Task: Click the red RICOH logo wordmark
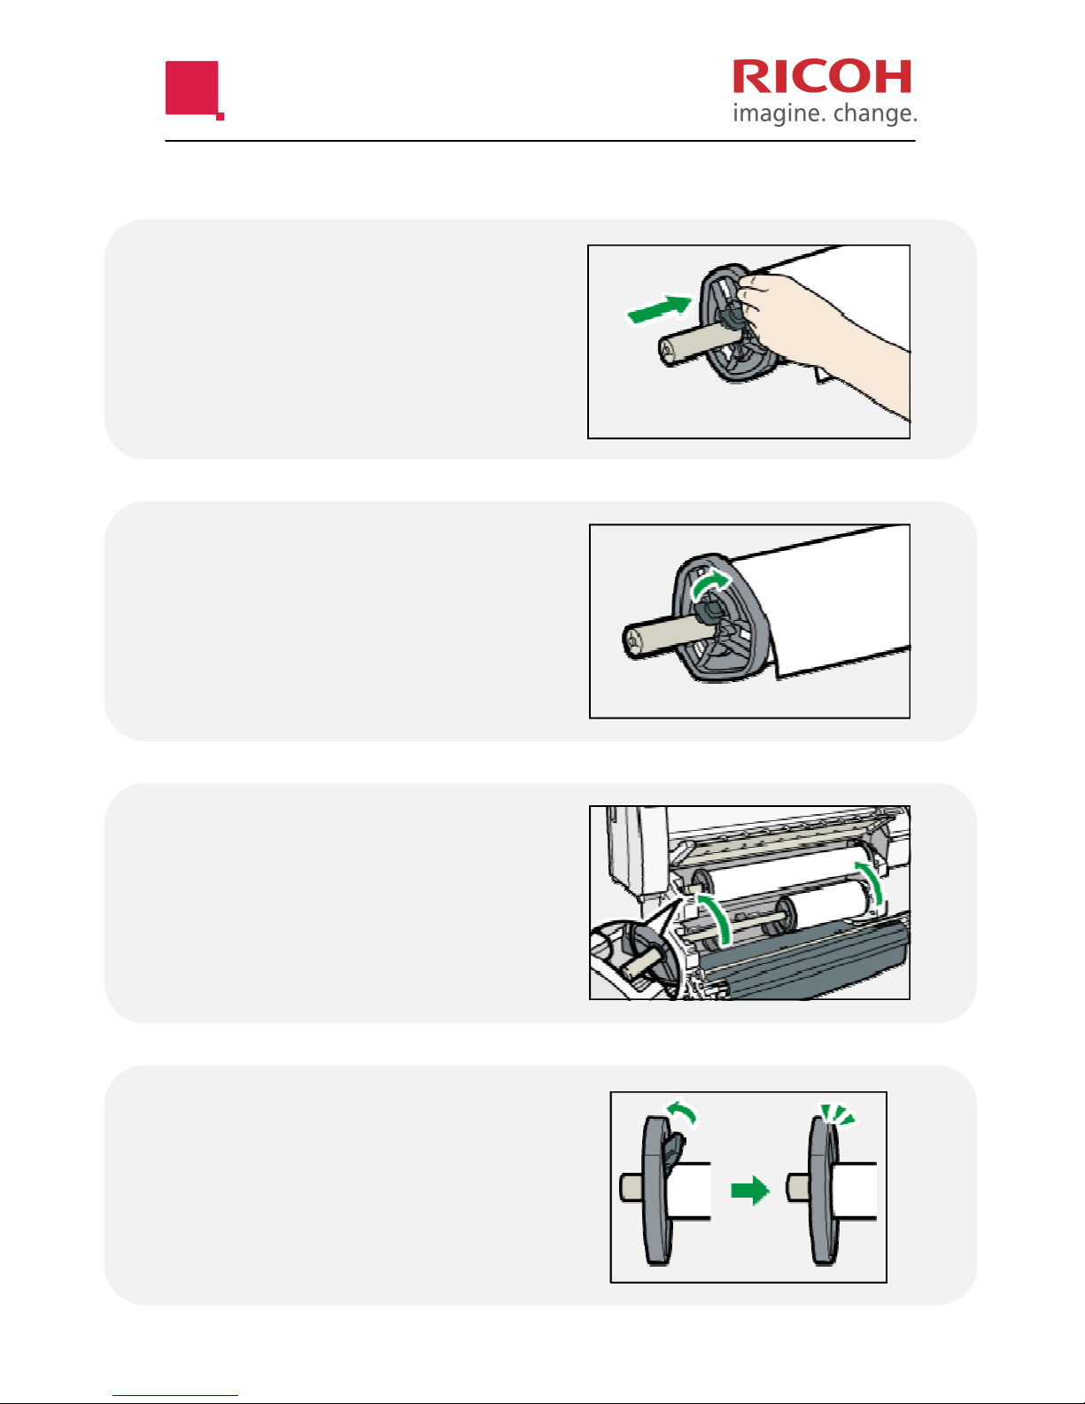[x=822, y=77]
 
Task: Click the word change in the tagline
[x=875, y=114]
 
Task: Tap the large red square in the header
[x=192, y=88]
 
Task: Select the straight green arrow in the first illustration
[x=660, y=309]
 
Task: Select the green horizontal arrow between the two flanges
[x=750, y=1191]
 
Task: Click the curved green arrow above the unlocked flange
[x=683, y=1112]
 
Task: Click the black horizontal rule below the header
[x=540, y=140]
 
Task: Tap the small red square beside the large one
[x=221, y=117]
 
